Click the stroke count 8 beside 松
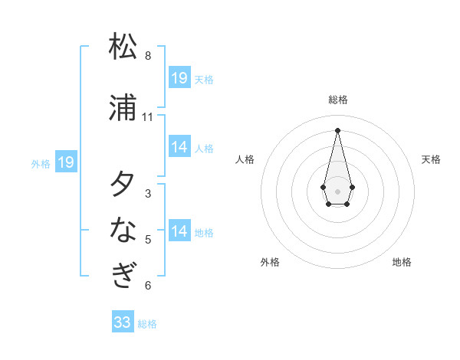point(148,56)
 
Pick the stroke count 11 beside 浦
point(148,117)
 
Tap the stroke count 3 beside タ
point(148,194)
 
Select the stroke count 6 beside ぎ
point(148,286)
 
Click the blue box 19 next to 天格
point(179,78)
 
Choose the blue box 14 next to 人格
point(179,147)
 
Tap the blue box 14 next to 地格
point(179,231)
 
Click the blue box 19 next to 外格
point(65,162)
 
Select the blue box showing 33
point(123,322)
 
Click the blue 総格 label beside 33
point(148,324)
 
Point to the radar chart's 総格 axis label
point(338,100)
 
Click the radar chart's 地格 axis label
point(402,262)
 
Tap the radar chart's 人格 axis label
point(245,159)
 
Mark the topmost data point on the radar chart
point(337,129)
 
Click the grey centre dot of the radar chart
point(337,190)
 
